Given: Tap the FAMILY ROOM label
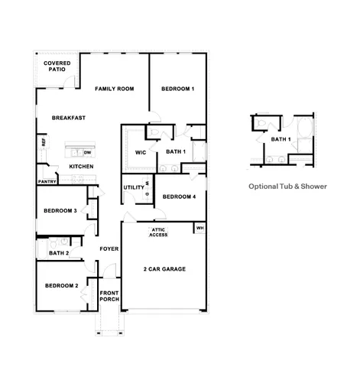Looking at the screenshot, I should (x=114, y=89).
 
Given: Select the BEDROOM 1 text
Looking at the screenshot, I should (x=177, y=89).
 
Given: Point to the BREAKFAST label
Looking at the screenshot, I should (x=68, y=118).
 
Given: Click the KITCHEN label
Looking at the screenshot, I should (x=82, y=167).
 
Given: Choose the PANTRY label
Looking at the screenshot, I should (x=48, y=182).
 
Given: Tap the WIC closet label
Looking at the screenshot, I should (x=141, y=152).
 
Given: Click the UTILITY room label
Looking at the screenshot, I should (x=134, y=187).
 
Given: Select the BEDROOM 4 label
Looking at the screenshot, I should (x=180, y=196).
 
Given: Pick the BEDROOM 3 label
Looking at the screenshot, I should (x=60, y=211).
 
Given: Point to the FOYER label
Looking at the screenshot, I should (x=109, y=249).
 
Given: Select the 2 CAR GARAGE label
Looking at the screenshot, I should (x=164, y=269).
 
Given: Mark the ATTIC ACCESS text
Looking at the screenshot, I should (x=159, y=232).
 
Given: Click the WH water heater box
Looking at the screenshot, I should (x=199, y=228).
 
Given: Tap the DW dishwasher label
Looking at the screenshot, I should (x=87, y=153).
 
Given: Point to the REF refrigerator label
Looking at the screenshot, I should (x=44, y=142).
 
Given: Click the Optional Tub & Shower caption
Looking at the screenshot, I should (x=287, y=186).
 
